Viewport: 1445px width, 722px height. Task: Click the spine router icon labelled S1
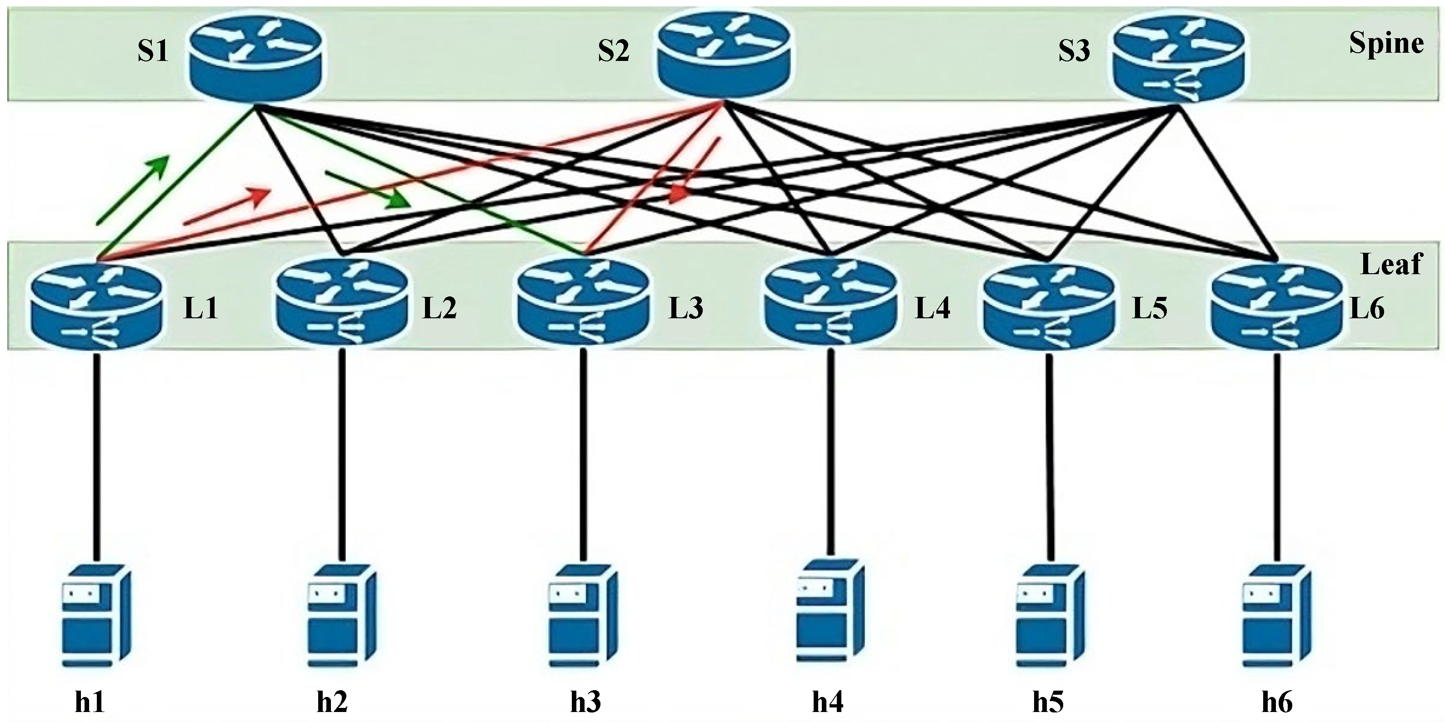pos(256,59)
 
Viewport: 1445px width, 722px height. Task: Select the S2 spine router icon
pos(724,55)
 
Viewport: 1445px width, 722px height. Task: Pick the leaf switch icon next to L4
pos(830,303)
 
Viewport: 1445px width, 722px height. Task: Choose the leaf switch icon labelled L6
pos(1276,306)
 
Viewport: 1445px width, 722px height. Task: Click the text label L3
pos(685,309)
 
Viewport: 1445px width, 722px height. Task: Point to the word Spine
pos(1385,43)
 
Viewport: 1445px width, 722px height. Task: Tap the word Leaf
pos(1391,264)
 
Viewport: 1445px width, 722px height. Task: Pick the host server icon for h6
pos(1276,617)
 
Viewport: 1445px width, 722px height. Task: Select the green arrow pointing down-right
pos(367,189)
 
